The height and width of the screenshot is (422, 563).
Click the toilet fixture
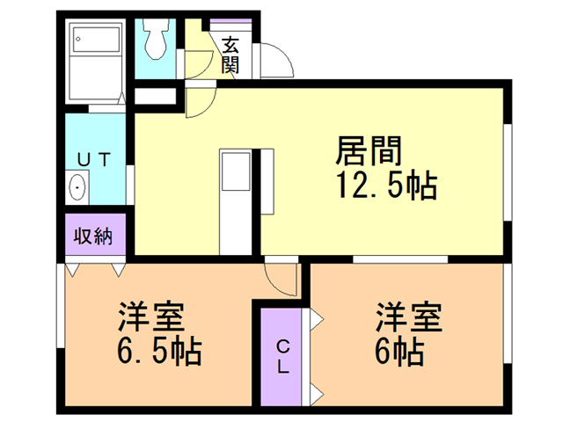(158, 40)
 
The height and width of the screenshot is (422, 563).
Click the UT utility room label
(93, 159)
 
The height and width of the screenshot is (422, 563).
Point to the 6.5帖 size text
(159, 353)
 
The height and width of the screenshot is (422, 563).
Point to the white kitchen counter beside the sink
(266, 180)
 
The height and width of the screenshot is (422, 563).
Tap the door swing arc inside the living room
(199, 101)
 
